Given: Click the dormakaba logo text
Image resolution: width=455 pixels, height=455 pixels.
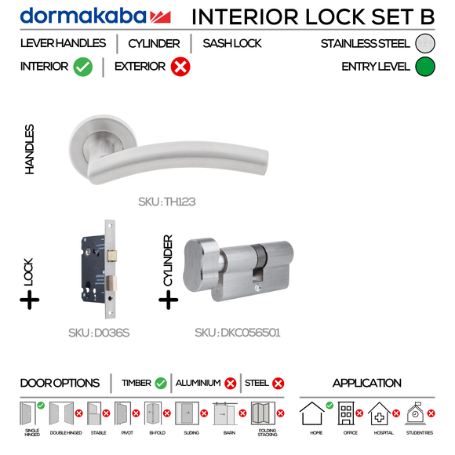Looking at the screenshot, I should pos(83,16).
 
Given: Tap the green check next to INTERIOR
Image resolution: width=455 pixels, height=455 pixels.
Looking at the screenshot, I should pos(83,67).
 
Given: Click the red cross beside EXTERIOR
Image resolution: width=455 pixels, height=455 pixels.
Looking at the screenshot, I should pos(180,67).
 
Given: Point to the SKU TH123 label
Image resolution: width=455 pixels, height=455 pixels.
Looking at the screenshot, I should pos(166,202).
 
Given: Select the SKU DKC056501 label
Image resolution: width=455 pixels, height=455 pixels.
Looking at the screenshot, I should pos(238,333).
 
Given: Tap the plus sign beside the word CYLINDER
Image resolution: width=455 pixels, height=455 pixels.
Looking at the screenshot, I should pos(168,300).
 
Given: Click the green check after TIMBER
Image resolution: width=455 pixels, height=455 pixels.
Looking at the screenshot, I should pos(161,384).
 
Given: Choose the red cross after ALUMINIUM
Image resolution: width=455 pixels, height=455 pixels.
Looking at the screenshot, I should pos(230,384).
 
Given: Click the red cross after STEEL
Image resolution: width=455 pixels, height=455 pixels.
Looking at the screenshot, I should pos(278,384).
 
